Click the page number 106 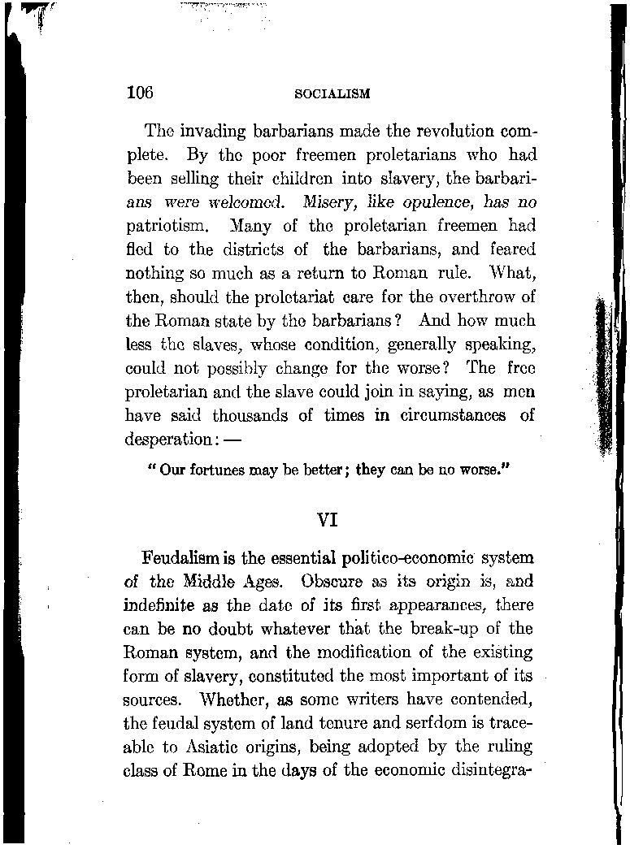[x=140, y=91]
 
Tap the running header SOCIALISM [x=332, y=93]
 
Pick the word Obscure [x=335, y=582]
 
